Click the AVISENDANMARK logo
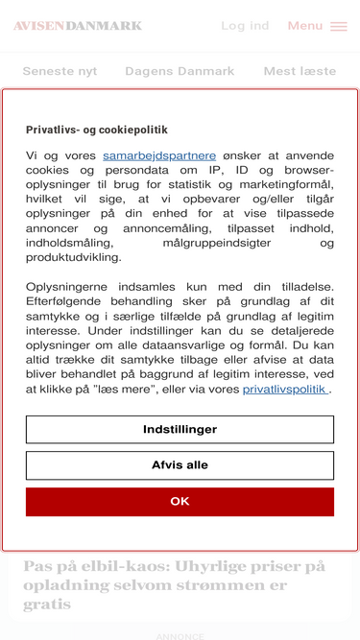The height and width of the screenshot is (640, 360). click(78, 26)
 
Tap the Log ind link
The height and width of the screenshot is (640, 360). click(245, 26)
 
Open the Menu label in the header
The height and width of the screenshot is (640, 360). click(305, 26)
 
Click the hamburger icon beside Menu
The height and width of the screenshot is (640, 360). click(339, 27)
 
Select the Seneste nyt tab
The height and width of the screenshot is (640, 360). click(60, 71)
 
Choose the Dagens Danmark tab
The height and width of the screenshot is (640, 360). click(180, 71)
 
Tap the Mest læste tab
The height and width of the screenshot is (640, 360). click(300, 71)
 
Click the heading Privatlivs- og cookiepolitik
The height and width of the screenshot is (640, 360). click(97, 130)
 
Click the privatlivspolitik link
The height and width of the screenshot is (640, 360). click(285, 389)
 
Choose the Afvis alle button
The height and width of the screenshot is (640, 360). click(180, 465)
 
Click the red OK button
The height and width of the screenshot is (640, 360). click(180, 501)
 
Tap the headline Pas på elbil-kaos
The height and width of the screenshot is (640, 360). click(175, 584)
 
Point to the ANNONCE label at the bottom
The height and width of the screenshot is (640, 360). click(180, 636)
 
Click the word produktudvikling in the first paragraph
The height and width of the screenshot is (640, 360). click(74, 257)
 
